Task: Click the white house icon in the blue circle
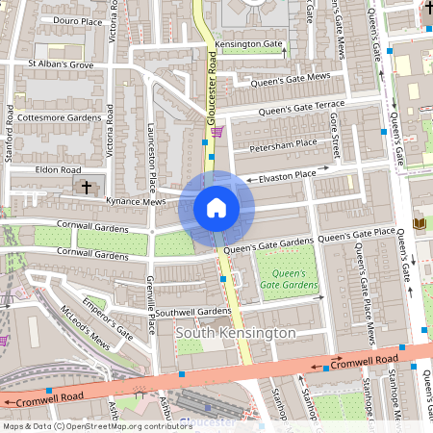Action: [216, 207]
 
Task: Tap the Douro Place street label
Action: [78, 20]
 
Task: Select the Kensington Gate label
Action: [248, 45]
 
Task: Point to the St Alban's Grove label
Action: [60, 64]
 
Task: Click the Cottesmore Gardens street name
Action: [59, 117]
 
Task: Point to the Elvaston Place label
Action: [281, 175]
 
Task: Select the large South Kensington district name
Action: [236, 333]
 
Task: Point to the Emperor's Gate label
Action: [107, 318]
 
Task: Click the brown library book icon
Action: [420, 224]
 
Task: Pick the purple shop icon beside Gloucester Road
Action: [219, 132]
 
